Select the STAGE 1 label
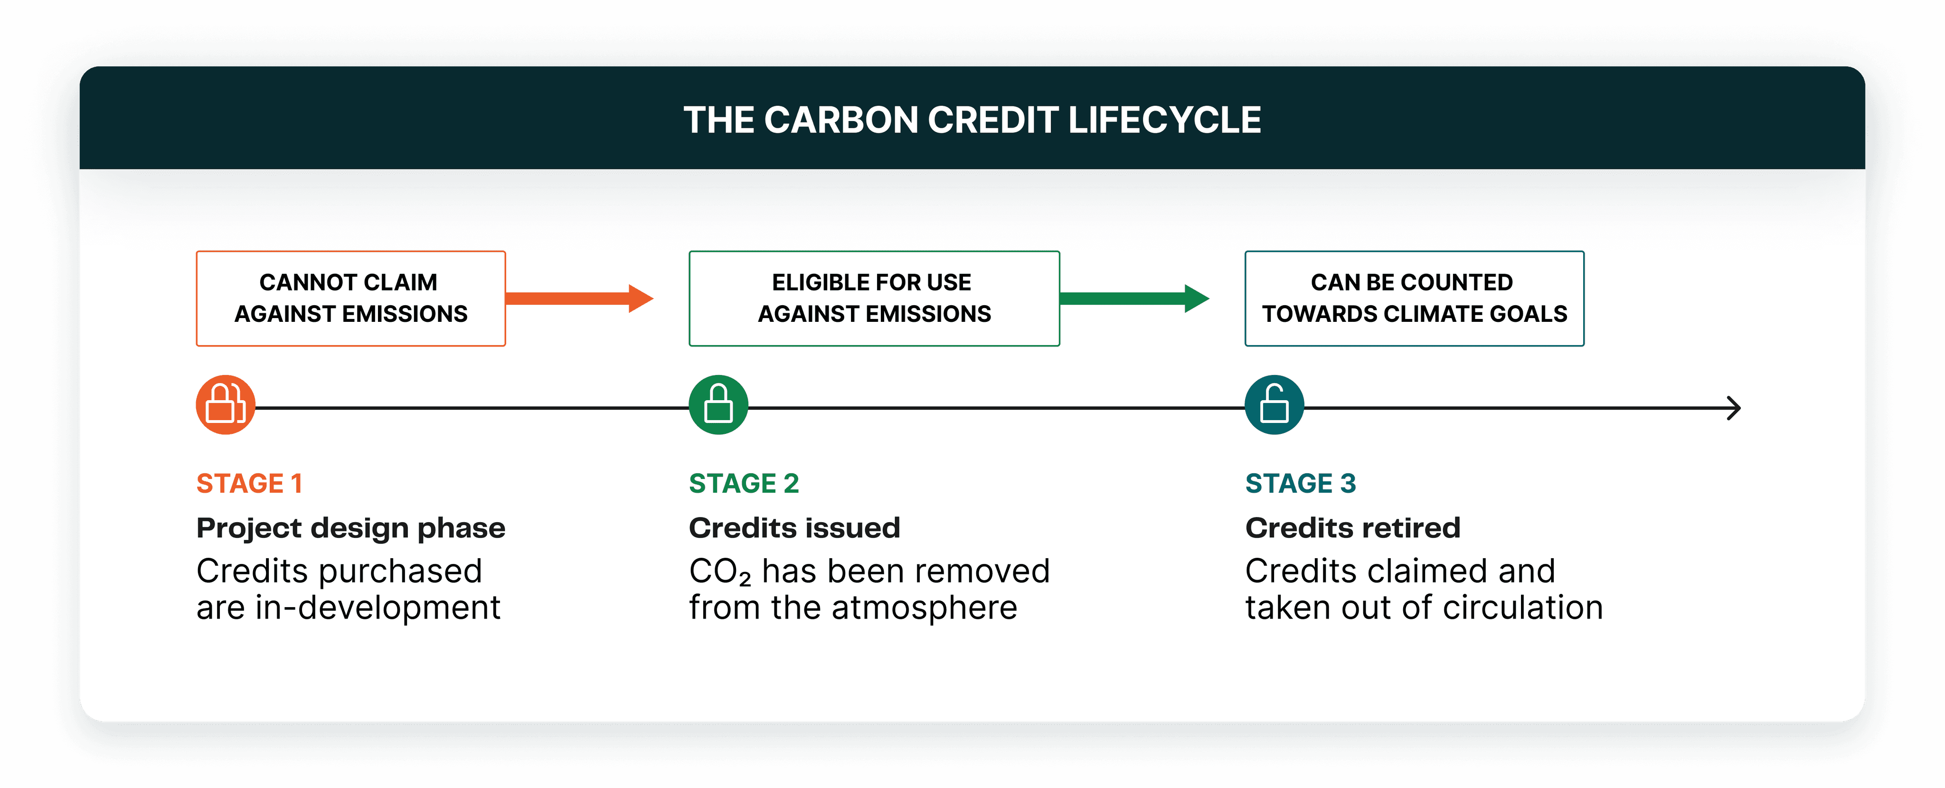coord(249,483)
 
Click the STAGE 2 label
coord(744,483)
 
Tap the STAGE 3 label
coord(1300,483)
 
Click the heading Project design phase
coord(350,527)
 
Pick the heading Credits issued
coord(794,527)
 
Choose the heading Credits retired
coord(1352,527)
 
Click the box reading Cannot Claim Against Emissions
coord(350,298)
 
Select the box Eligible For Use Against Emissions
coord(874,298)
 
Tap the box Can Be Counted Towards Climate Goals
coord(1414,298)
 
